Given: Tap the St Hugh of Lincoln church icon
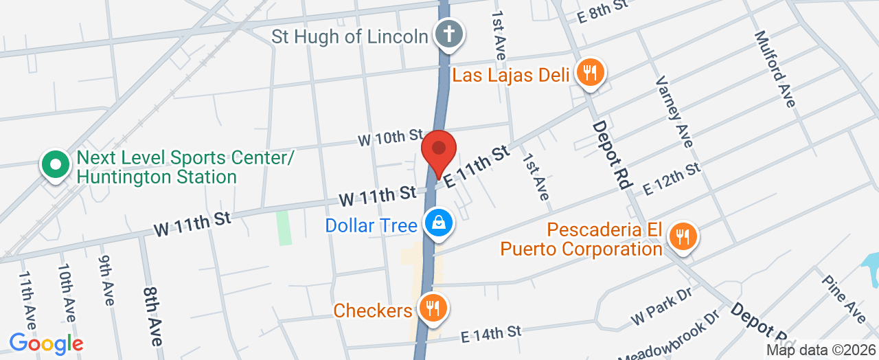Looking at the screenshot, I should click(449, 35).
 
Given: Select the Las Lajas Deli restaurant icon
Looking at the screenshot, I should click(589, 72).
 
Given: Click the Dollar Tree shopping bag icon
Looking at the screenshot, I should click(437, 224).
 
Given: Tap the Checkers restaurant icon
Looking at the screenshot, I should click(432, 309).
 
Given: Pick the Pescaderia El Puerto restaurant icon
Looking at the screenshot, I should click(681, 238).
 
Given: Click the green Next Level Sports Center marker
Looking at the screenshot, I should click(56, 166).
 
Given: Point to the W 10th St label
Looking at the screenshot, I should click(390, 137).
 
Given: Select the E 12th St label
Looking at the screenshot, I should click(671, 179).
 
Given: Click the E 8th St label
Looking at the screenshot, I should click(603, 12).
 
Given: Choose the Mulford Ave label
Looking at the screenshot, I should click(774, 68).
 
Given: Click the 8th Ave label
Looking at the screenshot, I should click(153, 316).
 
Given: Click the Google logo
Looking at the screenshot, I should click(46, 343).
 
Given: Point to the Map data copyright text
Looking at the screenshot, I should click(822, 350).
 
